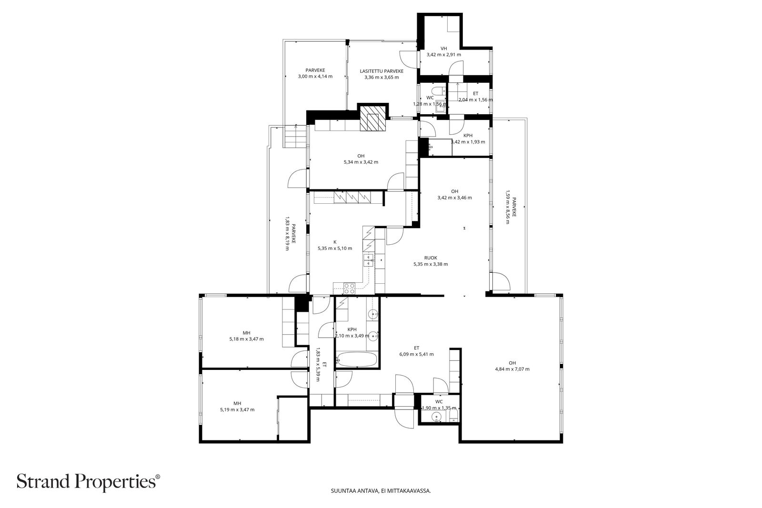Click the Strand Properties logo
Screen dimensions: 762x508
click(88, 481)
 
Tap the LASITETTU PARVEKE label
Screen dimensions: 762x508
click(381, 71)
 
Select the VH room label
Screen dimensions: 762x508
click(443, 49)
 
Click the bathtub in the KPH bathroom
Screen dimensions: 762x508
click(356, 359)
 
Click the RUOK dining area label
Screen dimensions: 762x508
click(431, 258)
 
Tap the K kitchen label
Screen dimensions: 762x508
click(335, 242)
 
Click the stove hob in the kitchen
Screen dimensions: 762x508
click(349, 289)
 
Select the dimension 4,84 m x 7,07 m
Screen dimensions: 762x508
click(512, 369)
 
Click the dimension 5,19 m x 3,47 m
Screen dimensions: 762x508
click(237, 410)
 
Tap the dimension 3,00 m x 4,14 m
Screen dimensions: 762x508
click(315, 77)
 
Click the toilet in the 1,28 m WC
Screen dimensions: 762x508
click(438, 91)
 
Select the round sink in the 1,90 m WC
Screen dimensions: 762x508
click(436, 416)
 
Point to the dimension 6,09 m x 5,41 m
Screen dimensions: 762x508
click(416, 354)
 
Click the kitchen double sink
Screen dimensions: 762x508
click(369, 260)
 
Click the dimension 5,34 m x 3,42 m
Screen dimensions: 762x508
click(361, 162)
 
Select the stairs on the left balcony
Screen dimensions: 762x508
click(295, 136)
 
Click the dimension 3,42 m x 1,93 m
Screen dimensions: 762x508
click(468, 142)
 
